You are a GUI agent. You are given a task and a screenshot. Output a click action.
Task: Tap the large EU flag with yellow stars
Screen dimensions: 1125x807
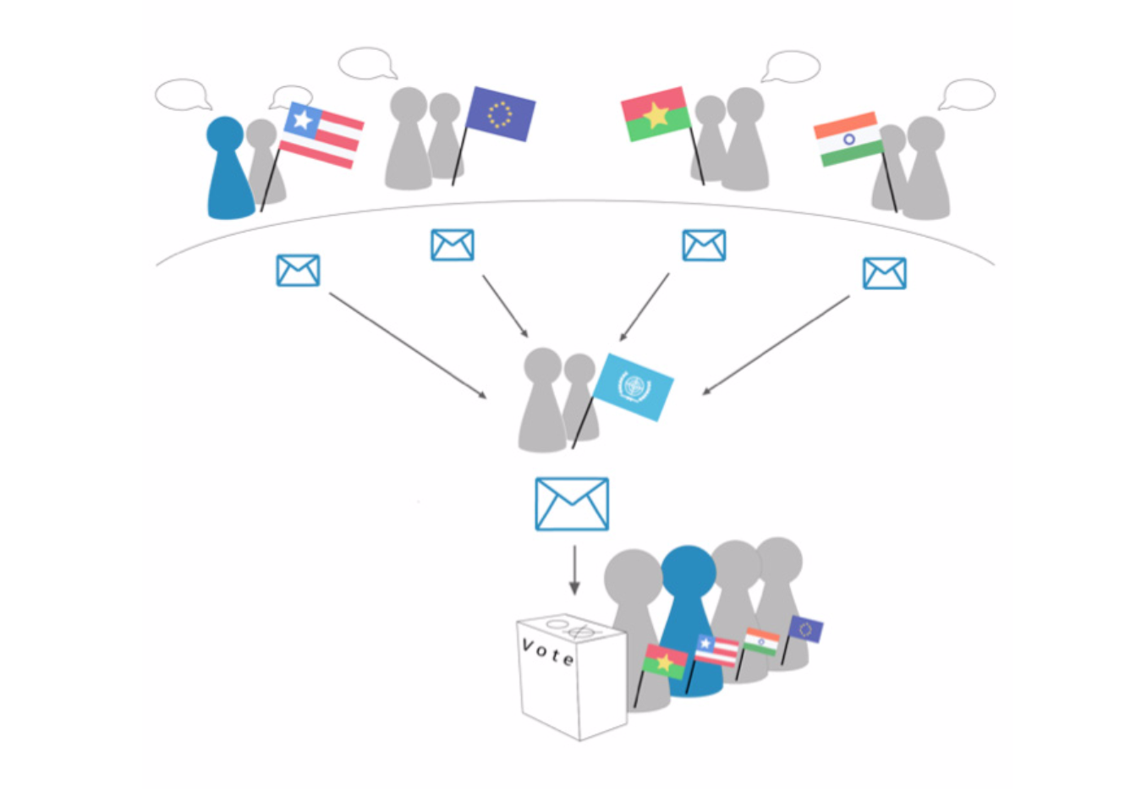pos(500,114)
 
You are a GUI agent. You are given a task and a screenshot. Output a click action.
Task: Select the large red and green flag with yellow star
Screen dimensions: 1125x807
pos(655,114)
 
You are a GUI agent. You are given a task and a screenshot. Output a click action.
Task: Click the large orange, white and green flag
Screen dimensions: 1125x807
pos(848,139)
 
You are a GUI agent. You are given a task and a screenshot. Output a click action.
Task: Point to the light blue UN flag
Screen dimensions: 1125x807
pos(634,387)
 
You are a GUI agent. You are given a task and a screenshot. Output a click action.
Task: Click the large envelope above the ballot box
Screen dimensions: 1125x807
pos(572,503)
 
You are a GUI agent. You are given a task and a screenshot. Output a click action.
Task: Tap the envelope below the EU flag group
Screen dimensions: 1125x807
pos(453,245)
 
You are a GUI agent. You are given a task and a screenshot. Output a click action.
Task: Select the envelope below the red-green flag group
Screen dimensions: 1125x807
pos(704,245)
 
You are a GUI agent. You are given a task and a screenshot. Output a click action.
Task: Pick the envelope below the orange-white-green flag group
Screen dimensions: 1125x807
pos(885,273)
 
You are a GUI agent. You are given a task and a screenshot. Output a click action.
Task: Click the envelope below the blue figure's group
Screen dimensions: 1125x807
pos(299,270)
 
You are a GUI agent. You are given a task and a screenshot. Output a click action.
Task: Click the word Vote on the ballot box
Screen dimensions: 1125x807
pos(548,652)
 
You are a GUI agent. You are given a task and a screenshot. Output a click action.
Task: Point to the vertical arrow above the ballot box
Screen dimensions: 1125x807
pos(574,570)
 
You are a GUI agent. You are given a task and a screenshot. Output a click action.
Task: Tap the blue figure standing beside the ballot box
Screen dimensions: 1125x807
pos(690,621)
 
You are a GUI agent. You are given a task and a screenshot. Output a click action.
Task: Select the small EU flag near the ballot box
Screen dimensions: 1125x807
pos(805,629)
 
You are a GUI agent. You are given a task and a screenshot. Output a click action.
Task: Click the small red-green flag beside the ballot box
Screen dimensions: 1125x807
pos(665,662)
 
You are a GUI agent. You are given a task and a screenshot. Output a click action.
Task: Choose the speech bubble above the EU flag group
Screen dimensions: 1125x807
pos(367,63)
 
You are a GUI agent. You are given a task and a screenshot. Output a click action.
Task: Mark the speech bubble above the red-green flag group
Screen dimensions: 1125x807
pos(790,66)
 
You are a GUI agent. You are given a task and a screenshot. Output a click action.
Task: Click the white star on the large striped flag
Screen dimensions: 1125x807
pos(304,120)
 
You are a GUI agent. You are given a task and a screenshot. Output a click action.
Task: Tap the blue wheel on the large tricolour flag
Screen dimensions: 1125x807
pos(848,139)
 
